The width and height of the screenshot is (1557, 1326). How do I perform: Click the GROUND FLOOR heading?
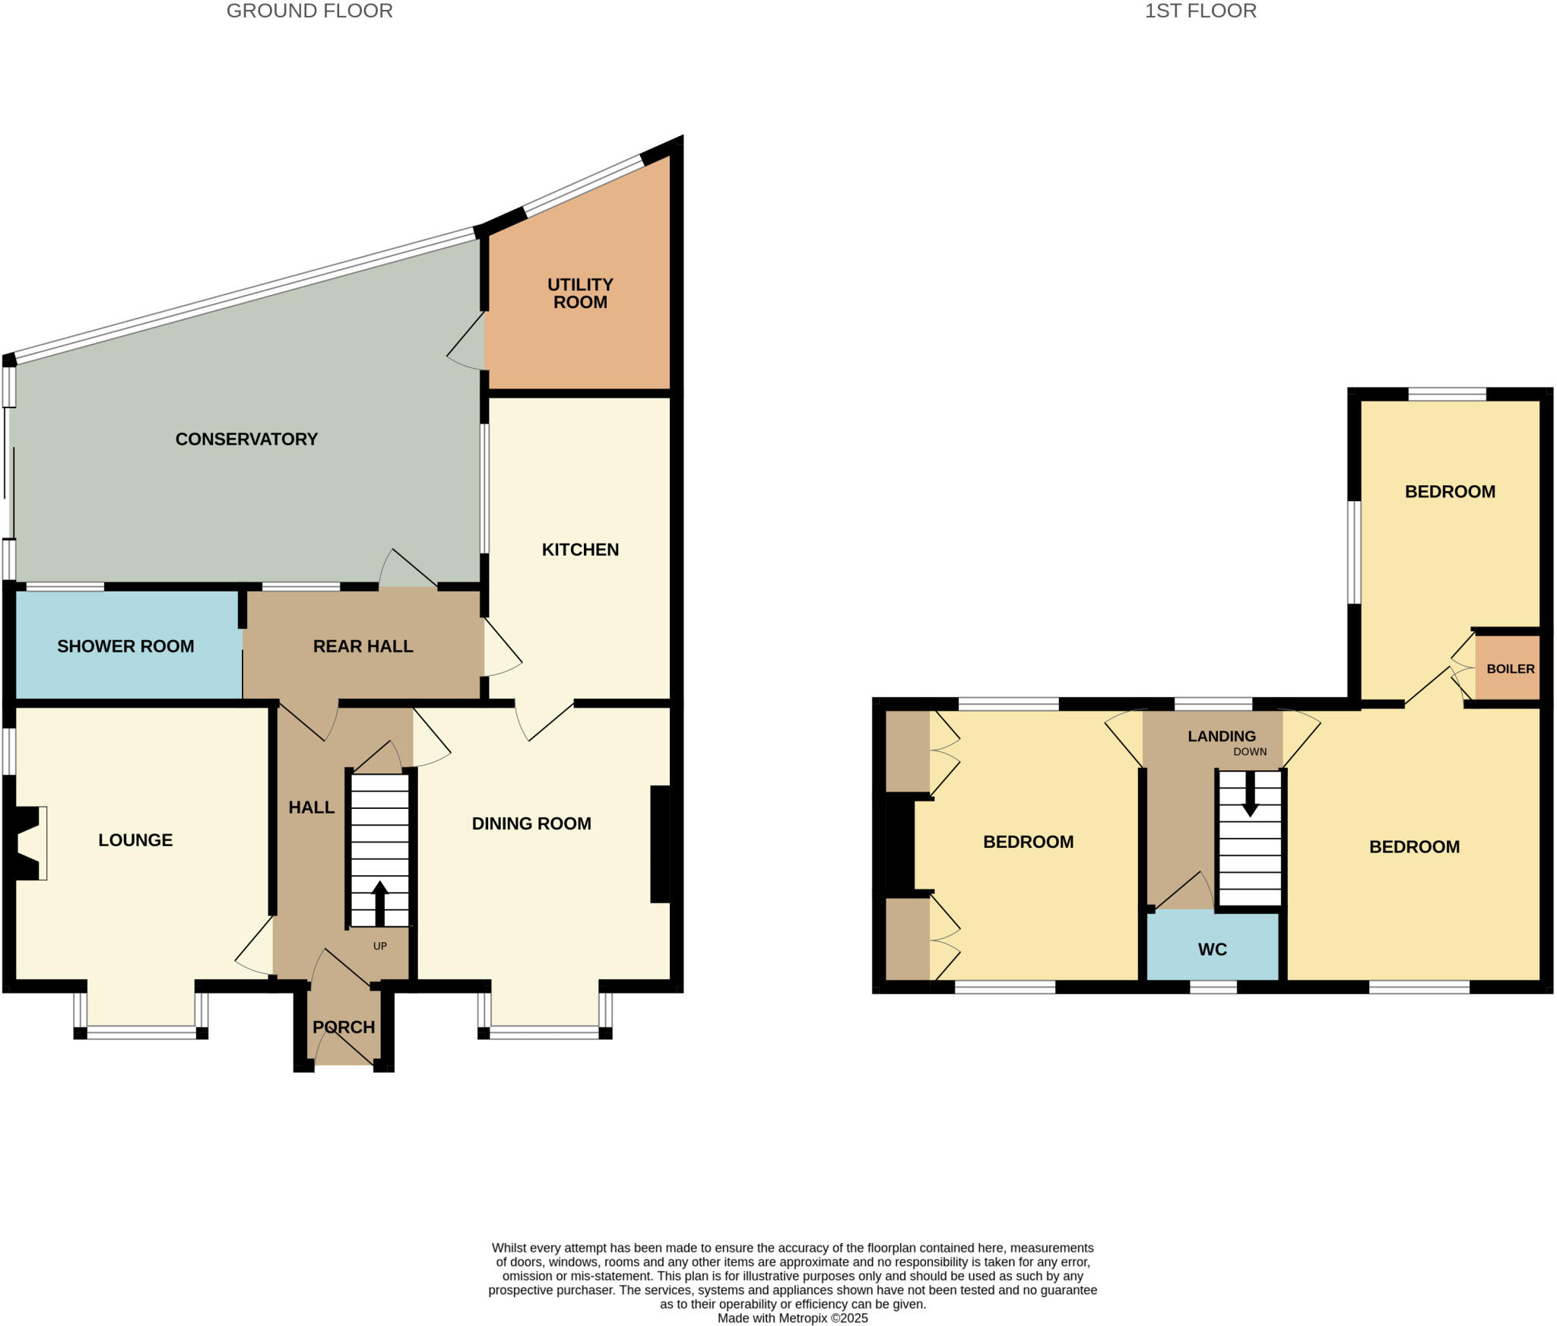point(309,11)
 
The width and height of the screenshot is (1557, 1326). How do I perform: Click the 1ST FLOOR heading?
point(1200,11)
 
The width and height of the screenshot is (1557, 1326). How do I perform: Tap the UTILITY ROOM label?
point(580,293)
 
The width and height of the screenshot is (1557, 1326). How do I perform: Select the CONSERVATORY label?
point(246,439)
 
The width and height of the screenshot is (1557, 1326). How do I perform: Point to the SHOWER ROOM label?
point(125,646)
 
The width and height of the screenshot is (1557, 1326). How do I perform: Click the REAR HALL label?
point(363,646)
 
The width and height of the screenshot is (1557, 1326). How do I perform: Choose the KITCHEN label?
point(580,550)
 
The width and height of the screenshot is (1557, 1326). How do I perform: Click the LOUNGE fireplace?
point(27,843)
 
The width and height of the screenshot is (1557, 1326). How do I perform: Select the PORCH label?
point(344,1027)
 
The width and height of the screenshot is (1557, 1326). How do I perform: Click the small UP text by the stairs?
point(380,946)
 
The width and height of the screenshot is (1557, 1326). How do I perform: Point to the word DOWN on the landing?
point(1250,751)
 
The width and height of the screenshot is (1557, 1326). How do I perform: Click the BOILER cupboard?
point(1509,668)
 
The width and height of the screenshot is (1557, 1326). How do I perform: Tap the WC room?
point(1212,949)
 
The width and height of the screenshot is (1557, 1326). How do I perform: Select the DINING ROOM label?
point(531,823)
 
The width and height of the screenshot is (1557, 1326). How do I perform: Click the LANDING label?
point(1222,736)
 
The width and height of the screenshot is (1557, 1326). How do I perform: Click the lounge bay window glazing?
point(141,1032)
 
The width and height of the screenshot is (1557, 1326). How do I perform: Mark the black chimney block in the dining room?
point(660,844)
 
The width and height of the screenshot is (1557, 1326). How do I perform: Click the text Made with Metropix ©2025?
point(792,1318)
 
